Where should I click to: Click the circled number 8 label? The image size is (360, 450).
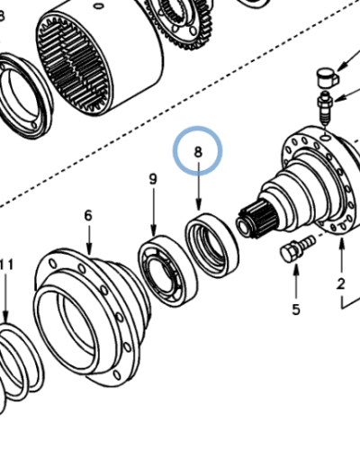pos(198,152)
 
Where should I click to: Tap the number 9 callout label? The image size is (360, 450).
pos(152,180)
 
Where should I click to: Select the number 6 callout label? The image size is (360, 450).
pos(88,215)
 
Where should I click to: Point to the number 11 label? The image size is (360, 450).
pos(6,264)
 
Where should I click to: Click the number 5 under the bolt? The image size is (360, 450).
pos(294,310)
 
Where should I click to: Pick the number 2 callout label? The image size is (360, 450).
pos(341,284)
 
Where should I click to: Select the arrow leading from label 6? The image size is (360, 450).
pos(89,239)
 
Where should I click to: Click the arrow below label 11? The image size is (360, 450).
pos(6,297)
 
